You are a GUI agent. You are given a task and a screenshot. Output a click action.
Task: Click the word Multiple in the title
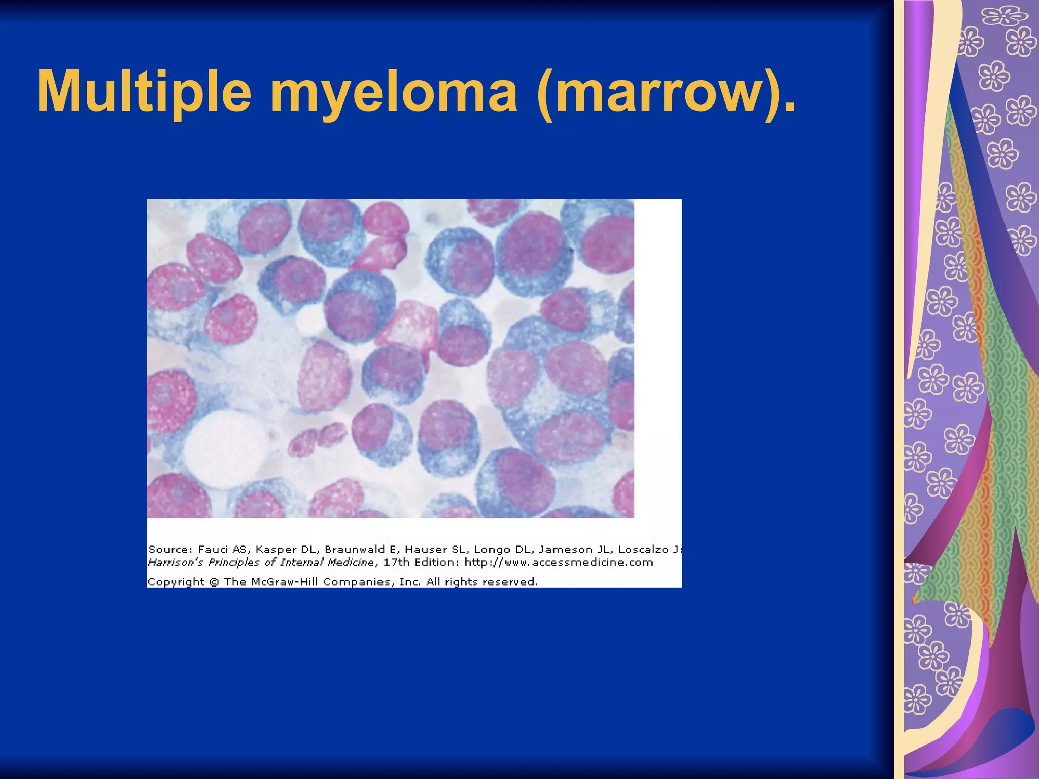click(x=144, y=91)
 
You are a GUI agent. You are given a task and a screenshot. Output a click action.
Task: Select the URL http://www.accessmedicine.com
click(x=559, y=562)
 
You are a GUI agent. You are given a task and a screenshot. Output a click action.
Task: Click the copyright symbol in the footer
click(x=214, y=582)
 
